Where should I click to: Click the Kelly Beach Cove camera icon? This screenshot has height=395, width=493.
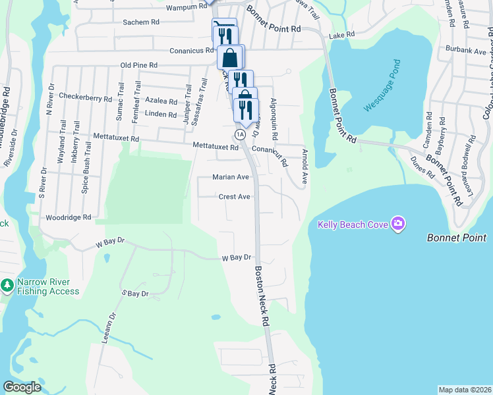point(397,224)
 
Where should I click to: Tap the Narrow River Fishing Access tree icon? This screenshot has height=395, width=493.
point(7,286)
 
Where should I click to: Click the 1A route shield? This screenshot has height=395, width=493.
point(241,134)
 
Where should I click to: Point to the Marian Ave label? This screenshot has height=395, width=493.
point(231,177)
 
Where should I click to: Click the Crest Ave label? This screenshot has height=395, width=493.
point(235,197)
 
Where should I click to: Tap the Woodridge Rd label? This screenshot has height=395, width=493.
point(67,217)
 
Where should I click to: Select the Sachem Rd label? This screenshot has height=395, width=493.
point(141,22)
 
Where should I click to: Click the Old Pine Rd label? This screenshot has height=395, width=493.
point(139,65)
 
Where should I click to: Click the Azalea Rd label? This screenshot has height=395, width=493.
point(161,102)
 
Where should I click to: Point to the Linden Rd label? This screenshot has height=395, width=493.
point(161,115)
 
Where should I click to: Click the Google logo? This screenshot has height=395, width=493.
point(22,387)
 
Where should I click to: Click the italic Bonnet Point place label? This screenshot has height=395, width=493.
point(456,238)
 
